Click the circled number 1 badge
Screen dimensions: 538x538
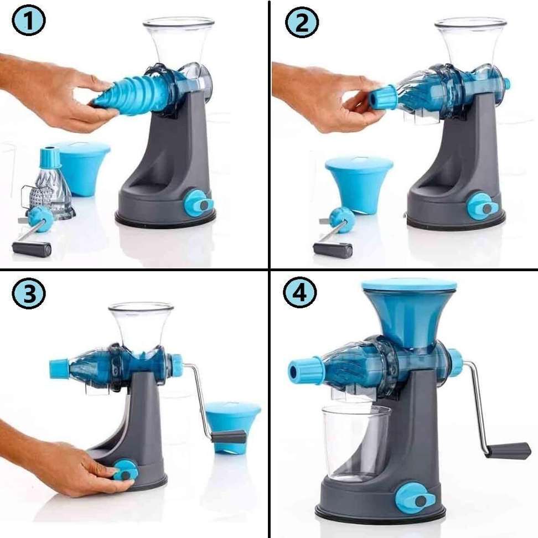click(x=29, y=21)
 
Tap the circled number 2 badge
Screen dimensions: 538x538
click(x=302, y=23)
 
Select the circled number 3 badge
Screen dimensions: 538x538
click(x=29, y=294)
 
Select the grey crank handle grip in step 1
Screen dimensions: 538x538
click(x=32, y=249)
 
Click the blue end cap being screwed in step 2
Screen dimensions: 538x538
click(x=384, y=97)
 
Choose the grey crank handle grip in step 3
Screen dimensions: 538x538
click(x=229, y=437)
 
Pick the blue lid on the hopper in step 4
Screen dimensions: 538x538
click(x=410, y=286)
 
